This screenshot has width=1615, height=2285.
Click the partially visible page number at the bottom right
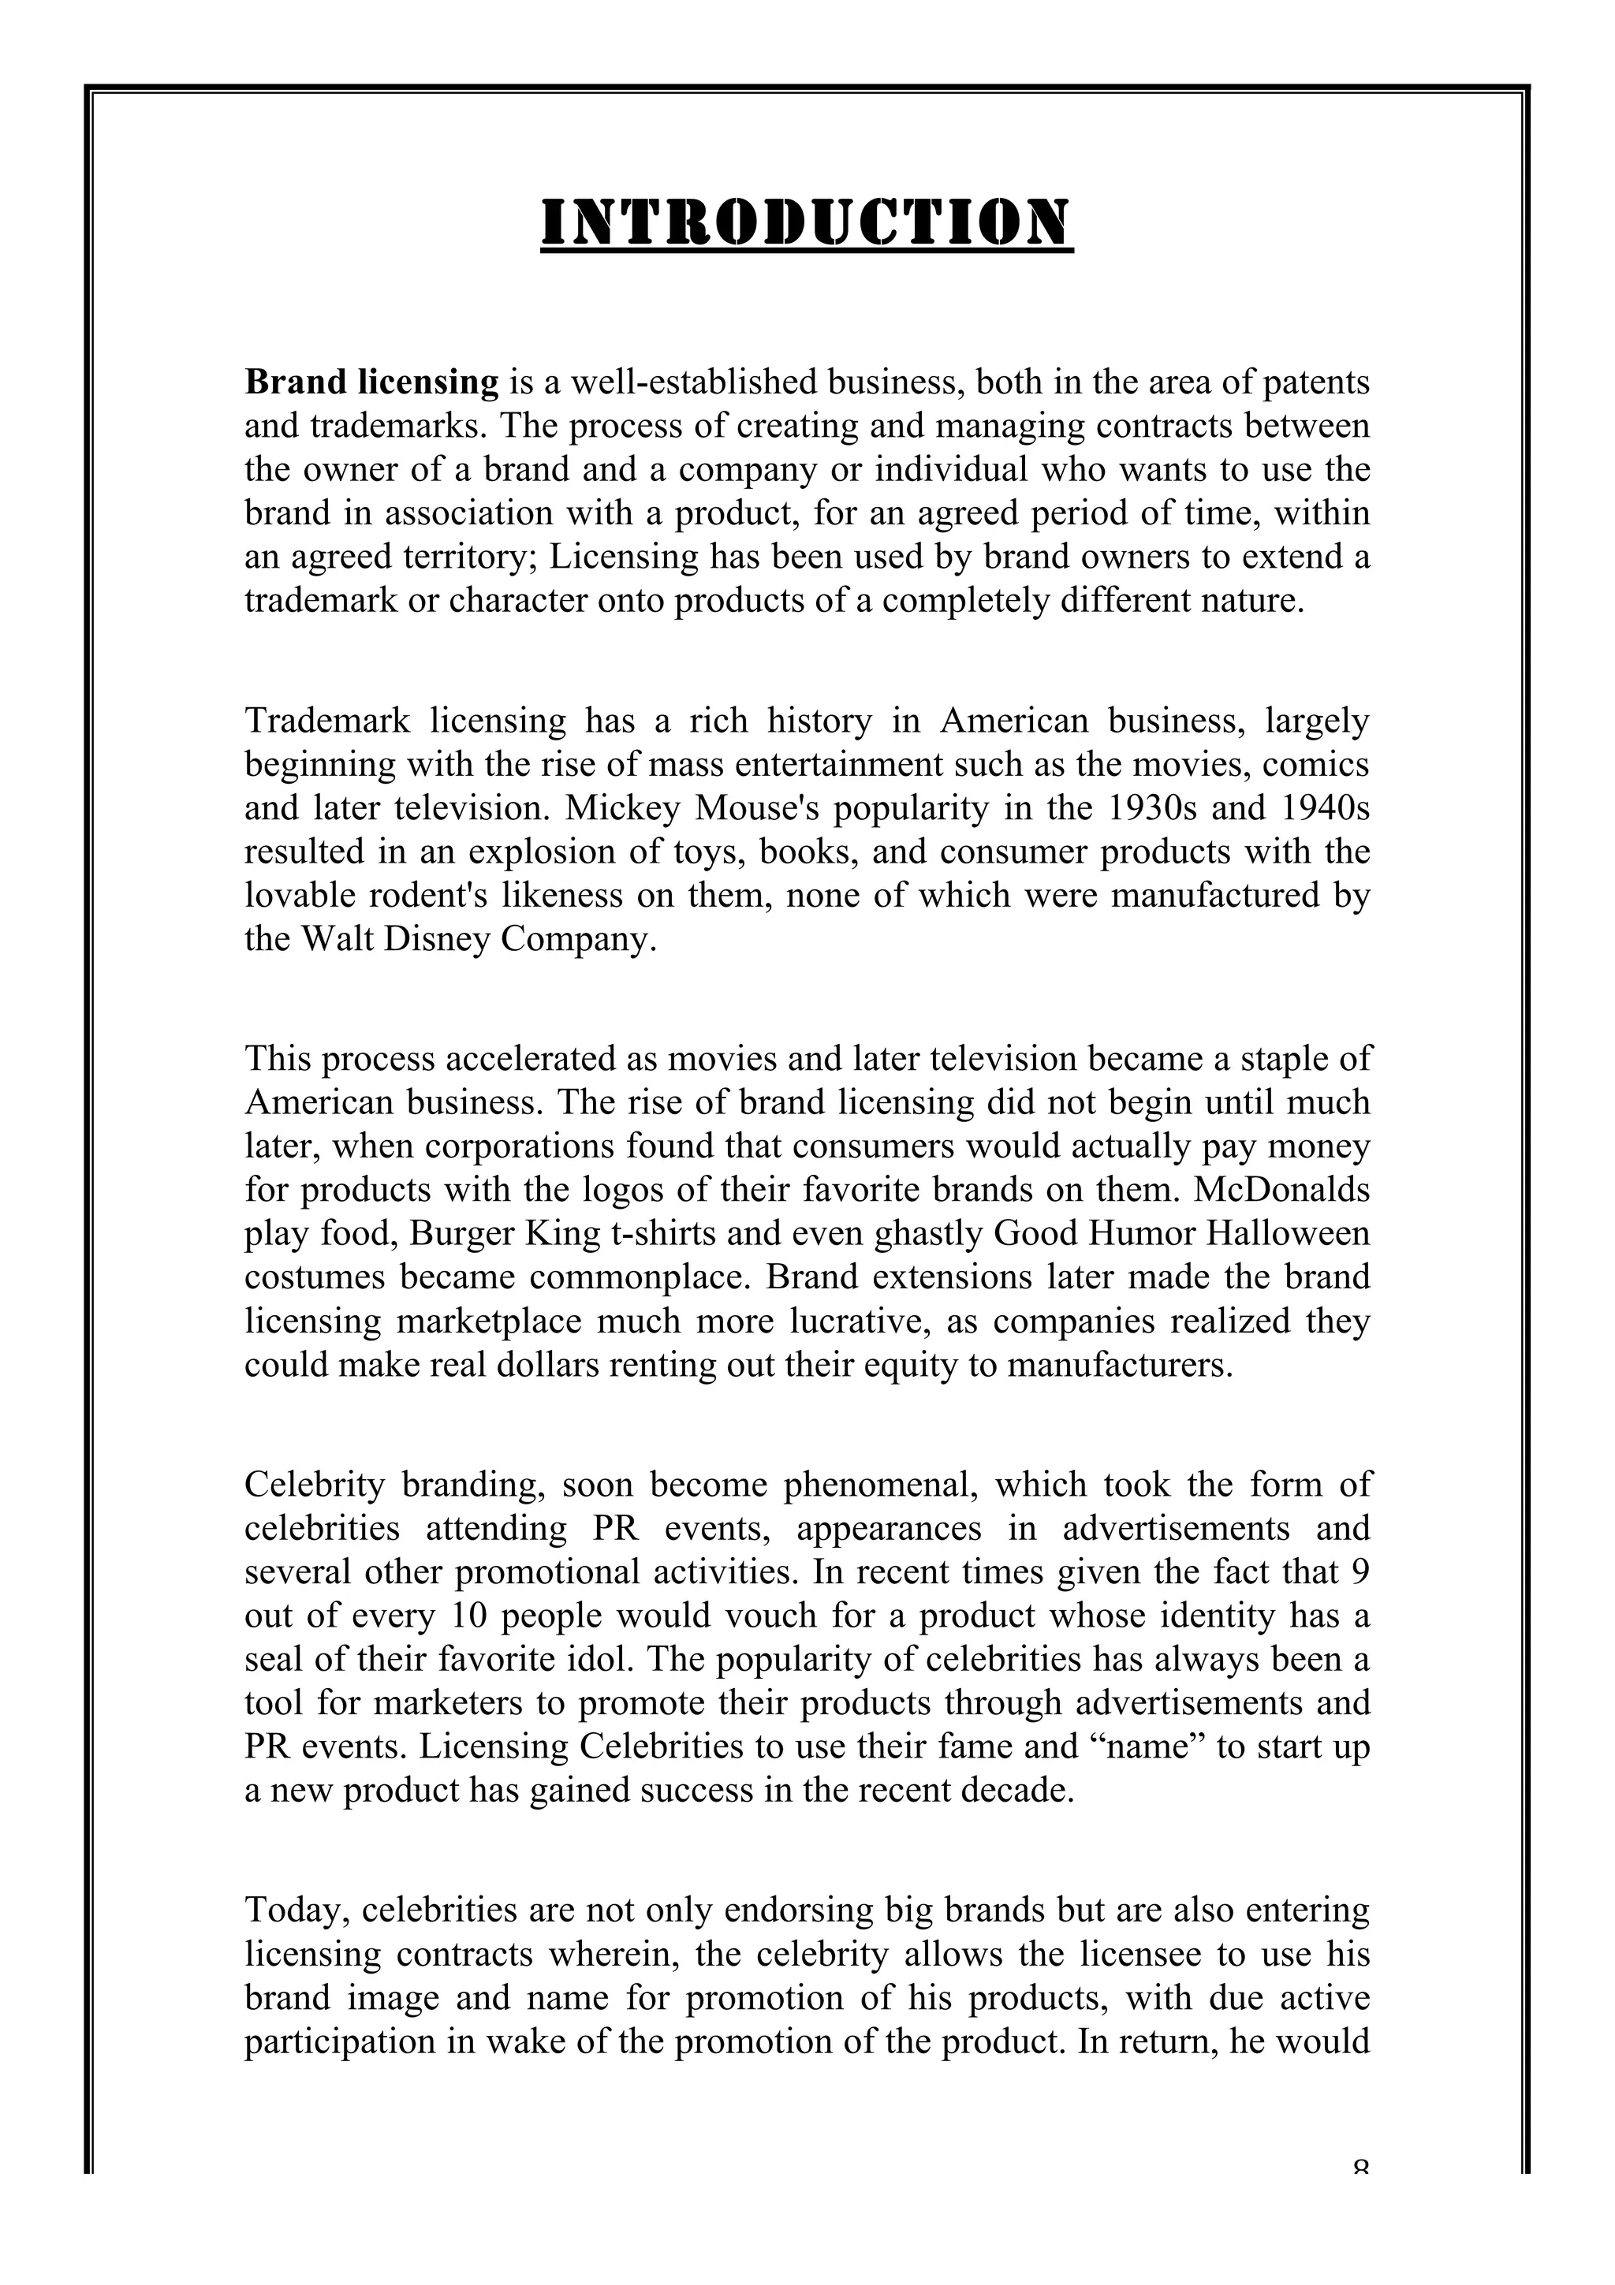(1361, 2275)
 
